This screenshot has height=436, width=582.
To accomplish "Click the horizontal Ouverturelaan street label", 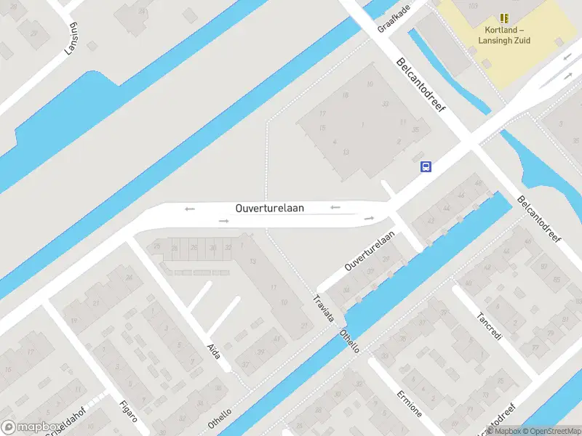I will [x=270, y=208].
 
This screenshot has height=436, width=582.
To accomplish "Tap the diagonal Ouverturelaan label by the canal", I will [x=370, y=251].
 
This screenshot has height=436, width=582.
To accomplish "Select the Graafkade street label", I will [x=394, y=17].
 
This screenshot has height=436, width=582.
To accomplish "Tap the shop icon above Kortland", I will [x=503, y=18].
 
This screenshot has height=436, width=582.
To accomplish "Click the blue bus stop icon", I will [x=426, y=166].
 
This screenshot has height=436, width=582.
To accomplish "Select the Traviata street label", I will [x=323, y=309].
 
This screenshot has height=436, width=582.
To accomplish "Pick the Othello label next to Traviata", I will [x=350, y=341].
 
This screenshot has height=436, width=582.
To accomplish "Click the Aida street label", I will [x=214, y=350].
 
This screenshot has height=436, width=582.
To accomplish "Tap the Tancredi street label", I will [x=489, y=327].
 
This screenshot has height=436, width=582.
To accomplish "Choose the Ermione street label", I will [x=409, y=403].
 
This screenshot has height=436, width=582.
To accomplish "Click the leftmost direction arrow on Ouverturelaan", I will [x=190, y=209].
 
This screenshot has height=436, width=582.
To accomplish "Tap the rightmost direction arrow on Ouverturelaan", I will [x=369, y=217].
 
